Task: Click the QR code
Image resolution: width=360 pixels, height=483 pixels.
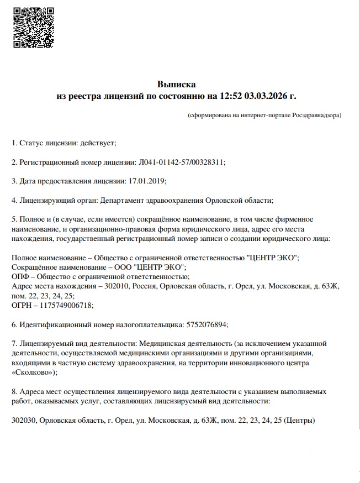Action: click(x=33, y=28)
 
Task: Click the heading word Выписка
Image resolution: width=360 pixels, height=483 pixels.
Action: click(x=177, y=85)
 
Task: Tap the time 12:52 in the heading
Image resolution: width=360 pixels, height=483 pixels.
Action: click(x=231, y=96)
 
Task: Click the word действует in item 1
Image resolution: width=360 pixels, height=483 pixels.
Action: click(x=97, y=143)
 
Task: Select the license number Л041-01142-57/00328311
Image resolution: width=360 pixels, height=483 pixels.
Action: click(x=180, y=162)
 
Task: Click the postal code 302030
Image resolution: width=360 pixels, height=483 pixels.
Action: click(x=24, y=421)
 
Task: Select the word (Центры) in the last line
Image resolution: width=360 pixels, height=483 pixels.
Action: click(x=299, y=421)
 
